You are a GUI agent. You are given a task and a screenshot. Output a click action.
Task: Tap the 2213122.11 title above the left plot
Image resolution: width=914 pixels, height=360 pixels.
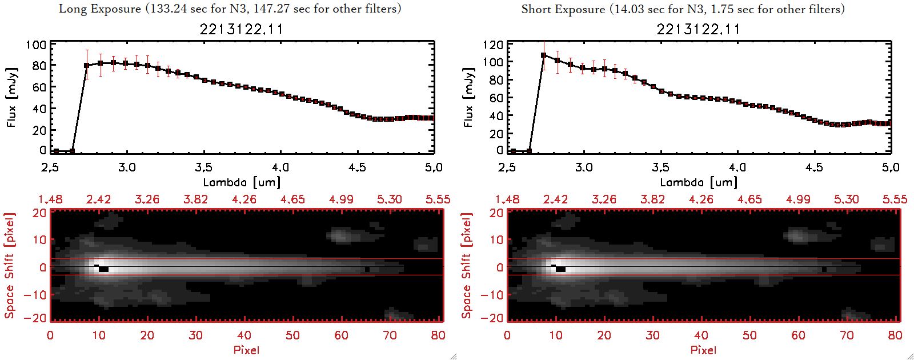tap(241, 29)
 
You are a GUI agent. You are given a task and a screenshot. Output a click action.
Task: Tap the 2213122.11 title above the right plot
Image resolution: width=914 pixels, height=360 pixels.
tap(698, 29)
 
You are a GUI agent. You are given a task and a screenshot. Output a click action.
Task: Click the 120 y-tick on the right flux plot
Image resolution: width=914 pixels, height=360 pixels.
tap(493, 45)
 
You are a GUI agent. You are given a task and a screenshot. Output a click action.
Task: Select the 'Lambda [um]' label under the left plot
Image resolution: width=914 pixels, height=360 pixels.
tap(242, 182)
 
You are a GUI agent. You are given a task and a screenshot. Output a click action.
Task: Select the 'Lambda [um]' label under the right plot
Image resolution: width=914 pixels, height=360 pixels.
tap(699, 182)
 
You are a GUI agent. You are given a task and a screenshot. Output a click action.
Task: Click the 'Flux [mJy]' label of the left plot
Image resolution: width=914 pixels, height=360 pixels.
tap(12, 97)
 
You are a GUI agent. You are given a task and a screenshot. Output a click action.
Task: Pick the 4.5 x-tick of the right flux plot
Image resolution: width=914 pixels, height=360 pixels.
tap(814, 167)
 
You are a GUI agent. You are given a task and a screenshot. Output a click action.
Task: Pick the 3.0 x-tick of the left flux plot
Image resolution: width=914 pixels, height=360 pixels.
tap(127, 167)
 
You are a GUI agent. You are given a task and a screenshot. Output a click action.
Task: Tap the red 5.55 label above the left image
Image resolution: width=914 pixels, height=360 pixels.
tap(438, 199)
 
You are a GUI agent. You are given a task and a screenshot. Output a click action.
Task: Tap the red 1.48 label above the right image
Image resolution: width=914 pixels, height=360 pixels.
tap(507, 199)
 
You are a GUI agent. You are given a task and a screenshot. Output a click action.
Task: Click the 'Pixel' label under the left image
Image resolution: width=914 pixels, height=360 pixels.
tap(246, 350)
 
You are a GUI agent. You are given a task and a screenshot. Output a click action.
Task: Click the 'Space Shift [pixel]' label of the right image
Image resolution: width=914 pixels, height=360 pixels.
tap(467, 266)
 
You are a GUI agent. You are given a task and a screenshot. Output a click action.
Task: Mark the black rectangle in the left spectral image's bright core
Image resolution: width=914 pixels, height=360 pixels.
tap(103, 269)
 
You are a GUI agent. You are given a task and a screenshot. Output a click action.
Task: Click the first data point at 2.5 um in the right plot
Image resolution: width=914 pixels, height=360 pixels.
tap(513, 151)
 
